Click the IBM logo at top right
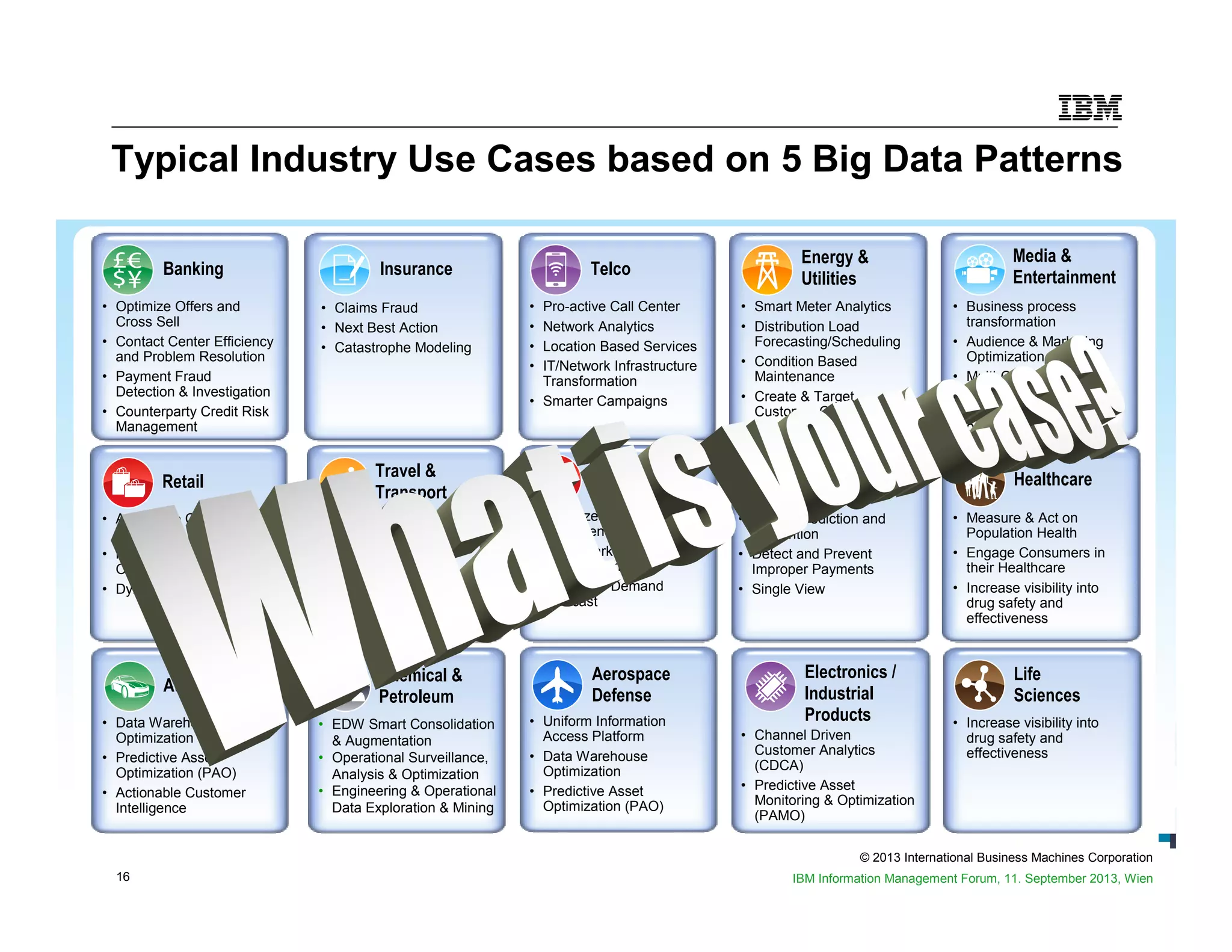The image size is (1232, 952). pos(1089,108)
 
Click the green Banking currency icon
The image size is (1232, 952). pos(128,269)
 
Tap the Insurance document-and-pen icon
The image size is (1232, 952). pos(344,269)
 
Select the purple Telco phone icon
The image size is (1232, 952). pos(555,269)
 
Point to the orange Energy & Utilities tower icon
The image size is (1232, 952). pos(766,269)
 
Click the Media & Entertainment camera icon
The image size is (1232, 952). pos(979,269)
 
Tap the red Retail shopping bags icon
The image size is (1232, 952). pos(128,482)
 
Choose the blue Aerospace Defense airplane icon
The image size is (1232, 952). pos(557,685)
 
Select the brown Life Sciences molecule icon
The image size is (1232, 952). pos(979,685)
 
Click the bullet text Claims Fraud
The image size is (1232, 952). pos(376,308)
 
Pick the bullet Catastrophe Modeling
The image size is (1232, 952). pos(402,348)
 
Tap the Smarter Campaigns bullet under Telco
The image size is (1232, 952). pos(605,401)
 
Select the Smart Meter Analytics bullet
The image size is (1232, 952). pos(822,307)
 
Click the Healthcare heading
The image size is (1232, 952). pos(1052,480)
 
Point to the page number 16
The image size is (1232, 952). pos(123,877)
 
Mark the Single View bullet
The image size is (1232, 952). pos(788,589)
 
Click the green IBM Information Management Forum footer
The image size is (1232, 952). pos(972,879)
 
